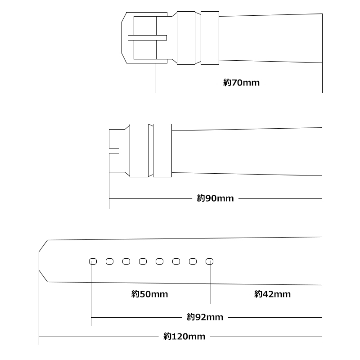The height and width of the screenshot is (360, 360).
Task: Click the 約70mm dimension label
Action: (x=241, y=83)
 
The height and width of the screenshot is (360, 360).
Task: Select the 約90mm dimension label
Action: (x=215, y=198)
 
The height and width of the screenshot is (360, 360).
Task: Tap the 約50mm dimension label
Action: (x=149, y=294)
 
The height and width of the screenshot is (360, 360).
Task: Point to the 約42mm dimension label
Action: (x=272, y=294)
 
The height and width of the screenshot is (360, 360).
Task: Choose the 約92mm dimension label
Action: (x=205, y=317)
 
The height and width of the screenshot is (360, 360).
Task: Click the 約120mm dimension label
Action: (x=184, y=337)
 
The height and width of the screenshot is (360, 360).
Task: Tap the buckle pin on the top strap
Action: (x=147, y=38)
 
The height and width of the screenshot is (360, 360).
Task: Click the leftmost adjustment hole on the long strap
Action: (x=93, y=261)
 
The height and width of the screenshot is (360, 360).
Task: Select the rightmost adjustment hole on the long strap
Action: (x=209, y=261)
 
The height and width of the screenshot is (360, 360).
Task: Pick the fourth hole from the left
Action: (x=143, y=261)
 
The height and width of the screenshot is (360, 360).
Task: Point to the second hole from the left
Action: (x=109, y=261)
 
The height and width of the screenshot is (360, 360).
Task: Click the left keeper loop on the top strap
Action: (x=186, y=38)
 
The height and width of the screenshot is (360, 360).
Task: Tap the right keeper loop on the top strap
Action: (x=210, y=38)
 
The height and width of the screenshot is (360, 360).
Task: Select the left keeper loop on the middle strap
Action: (x=139, y=150)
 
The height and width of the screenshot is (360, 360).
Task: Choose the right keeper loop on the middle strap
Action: (x=162, y=150)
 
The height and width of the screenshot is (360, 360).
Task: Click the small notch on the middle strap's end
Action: (x=114, y=151)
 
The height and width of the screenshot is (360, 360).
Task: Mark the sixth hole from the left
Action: (x=176, y=261)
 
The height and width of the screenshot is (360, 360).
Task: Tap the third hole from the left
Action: (x=126, y=261)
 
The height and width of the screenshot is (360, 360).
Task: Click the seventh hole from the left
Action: (x=193, y=261)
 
